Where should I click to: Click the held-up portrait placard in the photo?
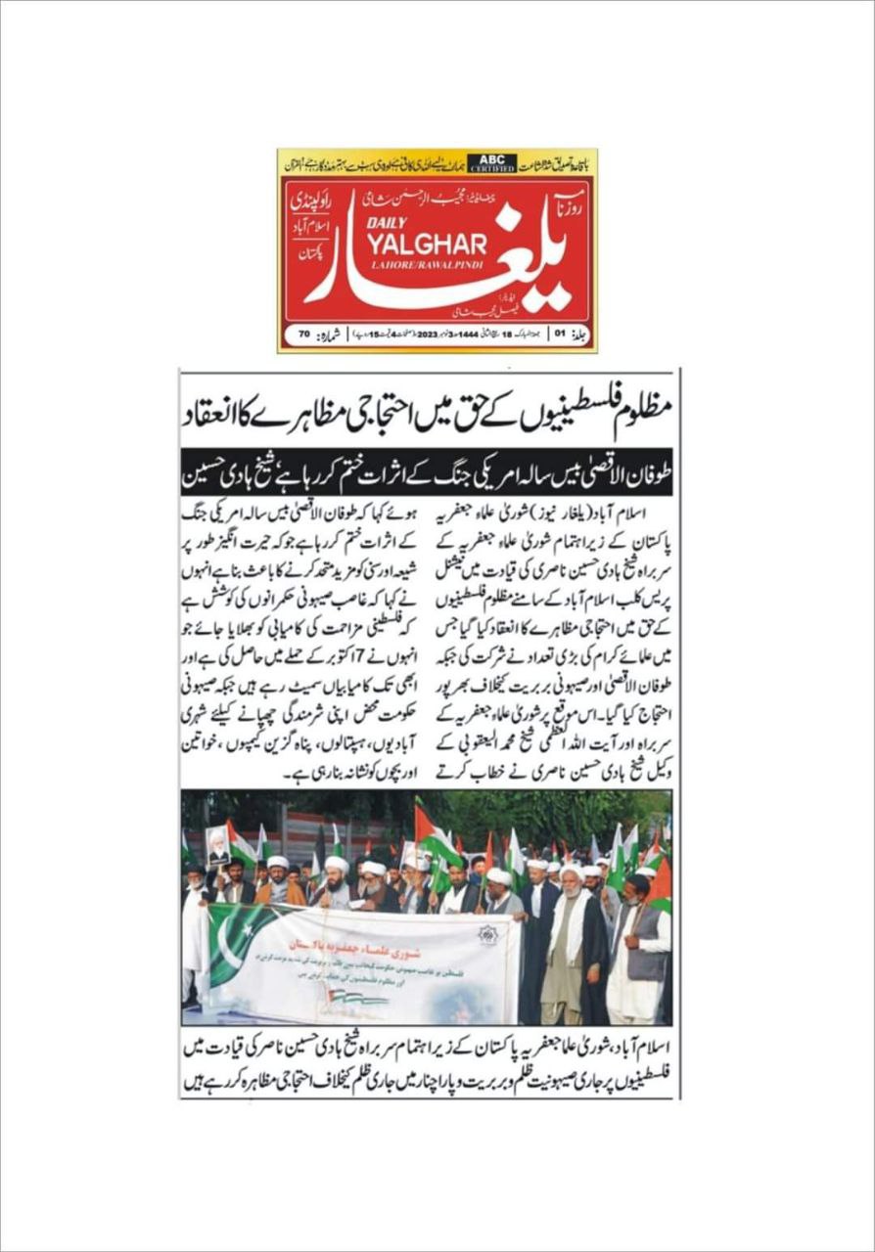pyautogui.click(x=218, y=844)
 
